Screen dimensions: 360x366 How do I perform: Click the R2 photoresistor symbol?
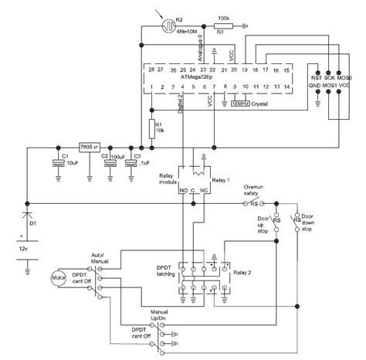[165, 25]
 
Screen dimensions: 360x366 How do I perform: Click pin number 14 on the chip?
[286, 87]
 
